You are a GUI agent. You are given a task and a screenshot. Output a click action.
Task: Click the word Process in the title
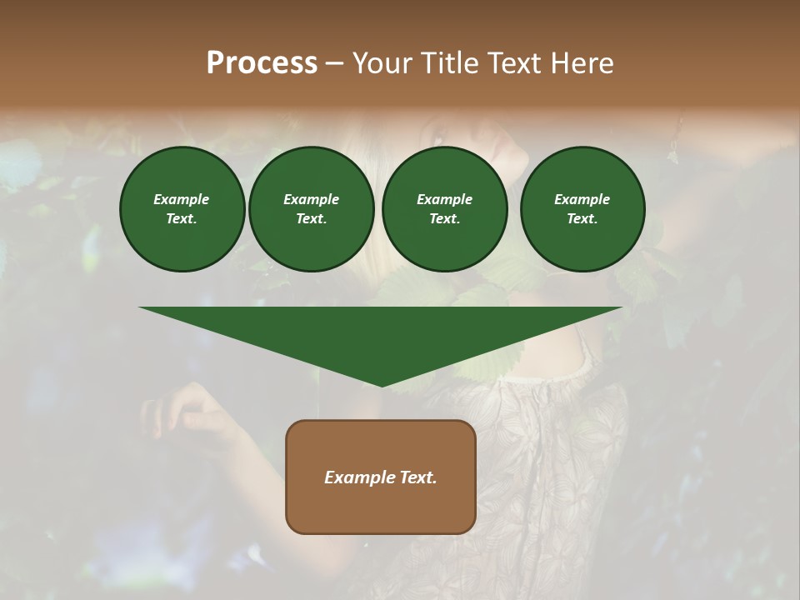(262, 63)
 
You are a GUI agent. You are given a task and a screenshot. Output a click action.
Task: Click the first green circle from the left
(182, 209)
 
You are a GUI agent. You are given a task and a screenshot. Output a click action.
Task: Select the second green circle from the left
(311, 209)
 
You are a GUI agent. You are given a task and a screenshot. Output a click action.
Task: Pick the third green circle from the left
(444, 209)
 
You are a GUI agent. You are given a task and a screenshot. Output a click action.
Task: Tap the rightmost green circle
(582, 209)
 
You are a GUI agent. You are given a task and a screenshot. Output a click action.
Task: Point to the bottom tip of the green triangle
(382, 386)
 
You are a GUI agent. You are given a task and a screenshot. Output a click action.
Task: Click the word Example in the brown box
(358, 477)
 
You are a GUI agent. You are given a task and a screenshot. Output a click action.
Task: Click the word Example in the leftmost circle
(182, 199)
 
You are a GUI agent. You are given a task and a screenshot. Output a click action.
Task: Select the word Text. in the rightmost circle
(582, 219)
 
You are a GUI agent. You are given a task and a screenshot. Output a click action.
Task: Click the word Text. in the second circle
(311, 219)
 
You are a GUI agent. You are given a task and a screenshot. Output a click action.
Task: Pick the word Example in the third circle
(444, 199)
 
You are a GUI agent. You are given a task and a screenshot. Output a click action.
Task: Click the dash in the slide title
(334, 64)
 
